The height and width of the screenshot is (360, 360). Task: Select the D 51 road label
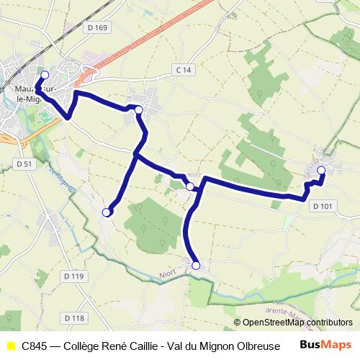24,164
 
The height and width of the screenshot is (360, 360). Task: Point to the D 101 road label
323,207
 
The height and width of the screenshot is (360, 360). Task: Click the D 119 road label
73,276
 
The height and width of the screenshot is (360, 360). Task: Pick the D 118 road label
73,318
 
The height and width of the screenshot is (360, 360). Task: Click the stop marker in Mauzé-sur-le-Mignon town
44,75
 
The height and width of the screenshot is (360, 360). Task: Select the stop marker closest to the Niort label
195,265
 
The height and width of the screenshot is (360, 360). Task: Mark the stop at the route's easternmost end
321,171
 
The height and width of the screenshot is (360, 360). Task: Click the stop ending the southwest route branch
107,212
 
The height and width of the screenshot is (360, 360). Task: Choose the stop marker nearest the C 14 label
138,109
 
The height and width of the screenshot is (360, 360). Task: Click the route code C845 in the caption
36,346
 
